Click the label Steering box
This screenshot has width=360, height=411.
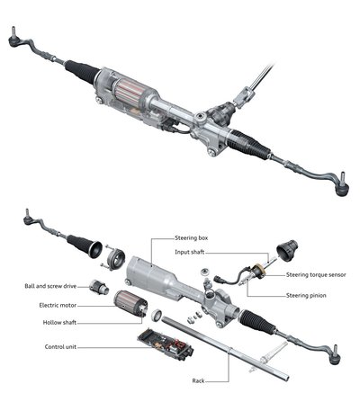click(191, 238)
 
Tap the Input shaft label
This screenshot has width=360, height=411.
click(190, 252)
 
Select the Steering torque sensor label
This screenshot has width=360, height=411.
click(316, 274)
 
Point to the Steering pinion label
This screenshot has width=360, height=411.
click(306, 296)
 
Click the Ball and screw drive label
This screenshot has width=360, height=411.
click(50, 286)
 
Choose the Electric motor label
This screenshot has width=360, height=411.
click(58, 306)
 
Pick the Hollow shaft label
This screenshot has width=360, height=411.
click(59, 323)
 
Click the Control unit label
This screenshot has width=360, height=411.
click(60, 347)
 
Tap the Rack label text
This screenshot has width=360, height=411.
click(198, 381)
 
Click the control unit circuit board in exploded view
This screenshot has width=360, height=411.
click(166, 344)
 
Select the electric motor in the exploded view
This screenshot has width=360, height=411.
click(130, 304)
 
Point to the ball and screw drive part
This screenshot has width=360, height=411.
click(99, 287)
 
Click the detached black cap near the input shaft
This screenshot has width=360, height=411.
click(287, 250)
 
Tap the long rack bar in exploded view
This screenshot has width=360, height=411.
click(225, 349)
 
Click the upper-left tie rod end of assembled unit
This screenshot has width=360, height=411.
click(14, 39)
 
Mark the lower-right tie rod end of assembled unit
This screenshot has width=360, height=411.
click(342, 185)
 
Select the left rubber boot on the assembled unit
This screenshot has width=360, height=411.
click(82, 72)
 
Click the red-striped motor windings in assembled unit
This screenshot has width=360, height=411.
click(129, 90)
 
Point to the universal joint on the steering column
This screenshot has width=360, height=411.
click(243, 96)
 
